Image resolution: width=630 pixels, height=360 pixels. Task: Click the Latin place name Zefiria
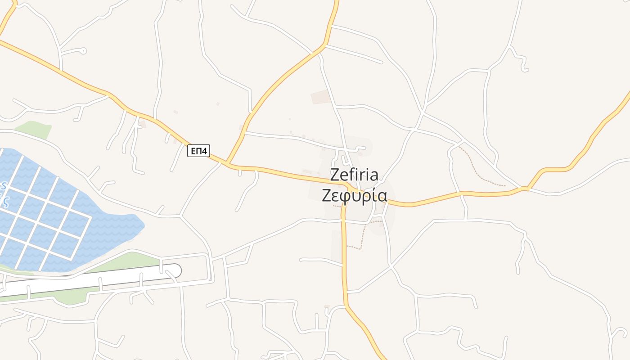354,175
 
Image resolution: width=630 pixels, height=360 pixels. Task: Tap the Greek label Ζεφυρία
354,195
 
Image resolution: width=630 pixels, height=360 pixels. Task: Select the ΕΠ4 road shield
198,151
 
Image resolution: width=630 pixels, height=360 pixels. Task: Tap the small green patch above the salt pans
34,130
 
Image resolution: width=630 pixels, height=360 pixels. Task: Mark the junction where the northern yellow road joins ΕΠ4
228,163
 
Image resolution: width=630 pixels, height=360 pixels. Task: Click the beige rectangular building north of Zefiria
321,97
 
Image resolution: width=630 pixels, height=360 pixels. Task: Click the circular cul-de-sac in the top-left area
83,51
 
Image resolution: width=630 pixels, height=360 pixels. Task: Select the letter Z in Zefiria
335,175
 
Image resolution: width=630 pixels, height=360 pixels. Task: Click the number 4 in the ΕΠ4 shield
205,151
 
